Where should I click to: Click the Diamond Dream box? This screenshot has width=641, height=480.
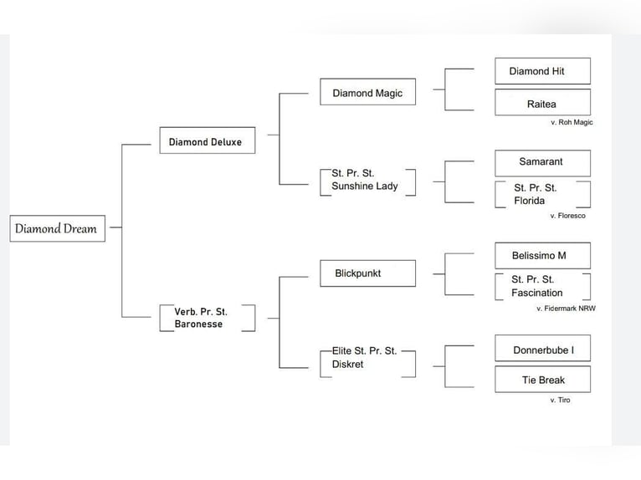pyautogui.click(x=57, y=228)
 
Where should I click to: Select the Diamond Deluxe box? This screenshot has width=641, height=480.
pyautogui.click(x=206, y=141)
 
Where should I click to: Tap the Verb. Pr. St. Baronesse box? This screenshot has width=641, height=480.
pyautogui.click(x=206, y=318)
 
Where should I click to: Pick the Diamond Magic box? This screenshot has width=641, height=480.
pyautogui.click(x=367, y=92)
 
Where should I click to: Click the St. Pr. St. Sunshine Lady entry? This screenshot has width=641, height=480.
pyautogui.click(x=367, y=180)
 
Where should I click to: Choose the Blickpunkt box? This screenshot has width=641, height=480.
pyautogui.click(x=367, y=273)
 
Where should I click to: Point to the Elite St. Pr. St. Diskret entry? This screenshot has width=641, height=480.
pyautogui.click(x=367, y=357)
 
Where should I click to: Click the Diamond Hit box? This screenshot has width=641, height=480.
pyautogui.click(x=542, y=71)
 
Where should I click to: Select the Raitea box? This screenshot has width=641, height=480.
pyautogui.click(x=542, y=103)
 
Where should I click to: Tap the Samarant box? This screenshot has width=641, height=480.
pyautogui.click(x=542, y=162)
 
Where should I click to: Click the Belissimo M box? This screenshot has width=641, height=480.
pyautogui.click(x=542, y=255)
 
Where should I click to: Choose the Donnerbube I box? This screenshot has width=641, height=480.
pyautogui.click(x=542, y=349)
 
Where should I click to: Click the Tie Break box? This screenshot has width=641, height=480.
pyautogui.click(x=542, y=380)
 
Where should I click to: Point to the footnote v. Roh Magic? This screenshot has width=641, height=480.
pyautogui.click(x=571, y=122)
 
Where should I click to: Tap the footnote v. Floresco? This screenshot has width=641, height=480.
pyautogui.click(x=567, y=216)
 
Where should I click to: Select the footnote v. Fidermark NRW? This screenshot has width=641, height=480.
pyautogui.click(x=566, y=309)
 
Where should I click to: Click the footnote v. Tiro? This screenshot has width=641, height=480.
pyautogui.click(x=560, y=401)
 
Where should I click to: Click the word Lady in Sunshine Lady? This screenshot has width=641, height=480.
pyautogui.click(x=386, y=186)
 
